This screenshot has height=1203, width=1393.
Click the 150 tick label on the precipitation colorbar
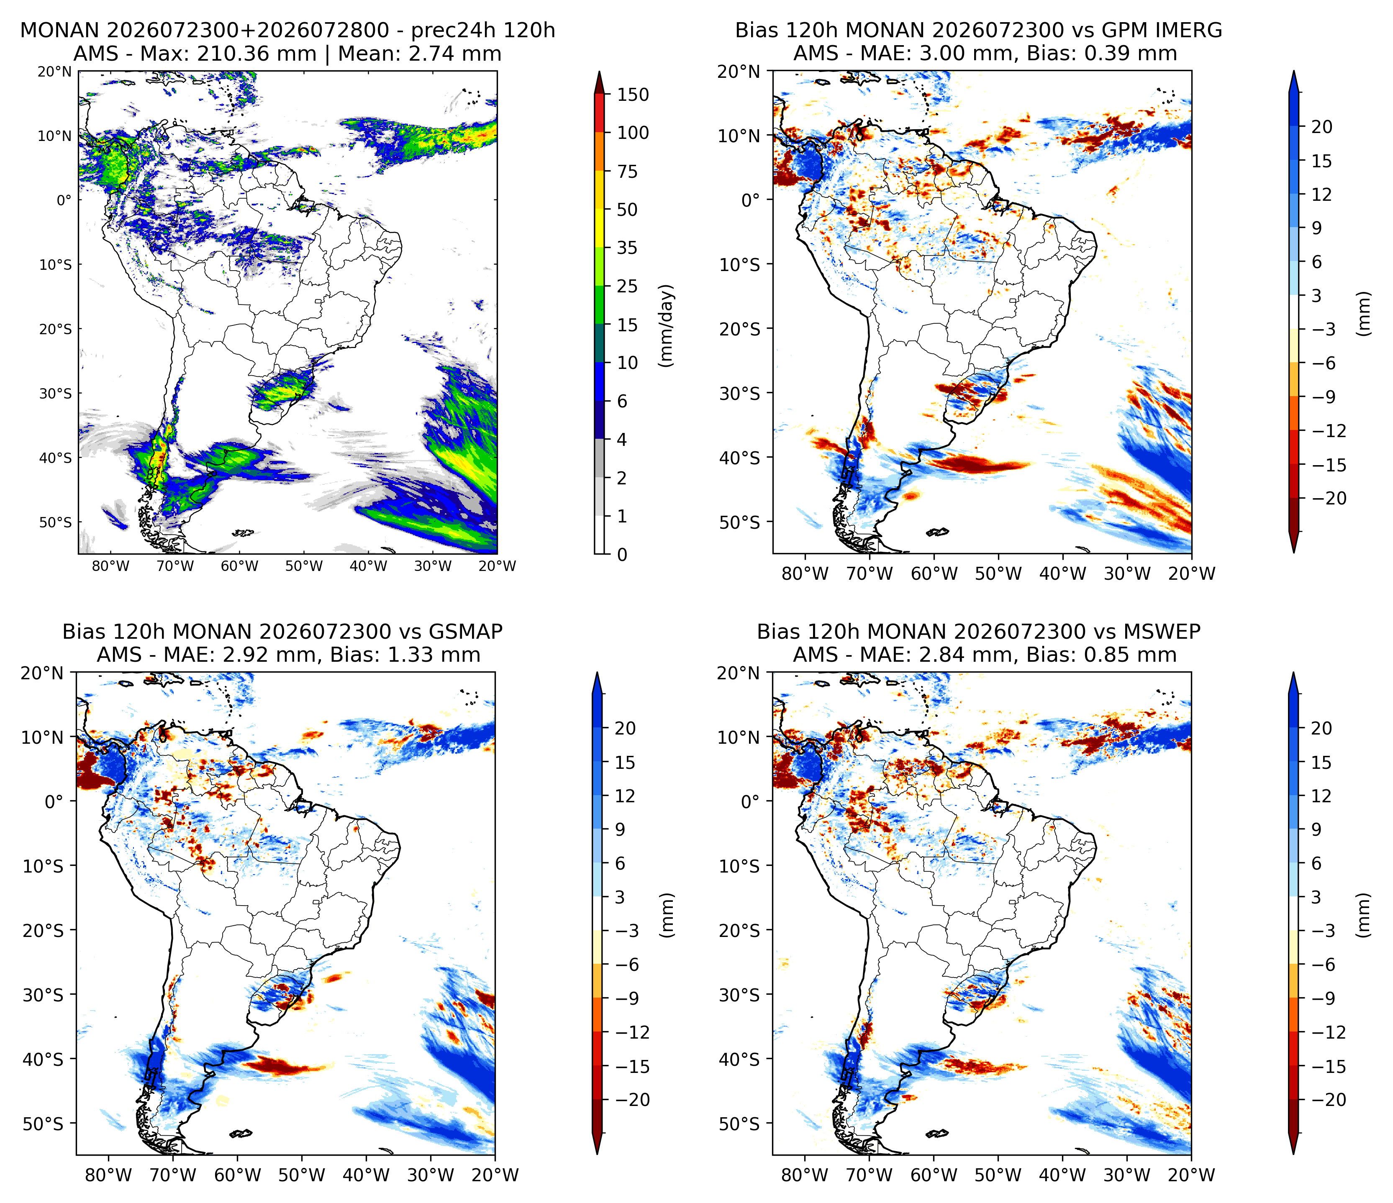633,95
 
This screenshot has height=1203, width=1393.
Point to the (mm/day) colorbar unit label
666,325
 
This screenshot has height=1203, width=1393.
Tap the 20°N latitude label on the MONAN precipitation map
54,71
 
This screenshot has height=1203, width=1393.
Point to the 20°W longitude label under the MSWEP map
1192,1175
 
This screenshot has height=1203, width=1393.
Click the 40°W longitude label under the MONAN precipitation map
368,566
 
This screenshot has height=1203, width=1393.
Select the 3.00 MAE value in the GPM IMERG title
941,54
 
